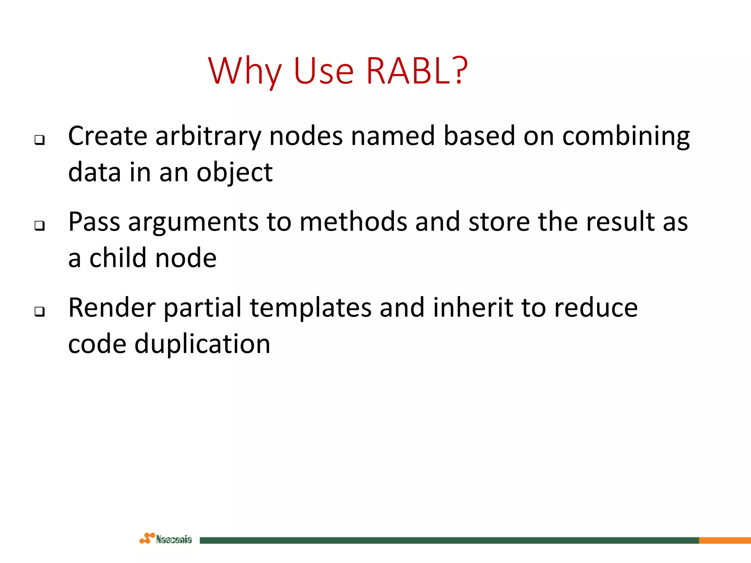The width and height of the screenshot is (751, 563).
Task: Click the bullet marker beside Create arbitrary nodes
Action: (x=40, y=140)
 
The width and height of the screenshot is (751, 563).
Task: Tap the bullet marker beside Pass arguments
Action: (x=40, y=225)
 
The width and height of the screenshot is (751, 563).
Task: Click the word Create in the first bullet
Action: (x=107, y=136)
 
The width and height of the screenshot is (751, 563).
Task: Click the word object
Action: (x=234, y=173)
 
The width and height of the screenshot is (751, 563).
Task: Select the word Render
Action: (x=111, y=308)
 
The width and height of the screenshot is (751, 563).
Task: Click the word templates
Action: (x=310, y=308)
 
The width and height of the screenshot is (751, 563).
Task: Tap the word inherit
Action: (x=473, y=308)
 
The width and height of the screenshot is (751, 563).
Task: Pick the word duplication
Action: (x=202, y=344)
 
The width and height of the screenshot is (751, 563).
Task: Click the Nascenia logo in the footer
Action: (x=166, y=539)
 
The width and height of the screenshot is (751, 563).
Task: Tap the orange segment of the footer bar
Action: (x=725, y=540)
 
